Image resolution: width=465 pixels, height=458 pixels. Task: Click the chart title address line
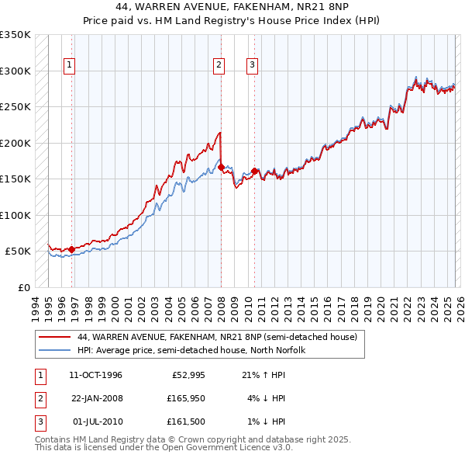(x=232, y=7)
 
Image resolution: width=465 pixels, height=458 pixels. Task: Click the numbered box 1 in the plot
(x=70, y=65)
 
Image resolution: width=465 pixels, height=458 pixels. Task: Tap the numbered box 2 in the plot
(x=219, y=65)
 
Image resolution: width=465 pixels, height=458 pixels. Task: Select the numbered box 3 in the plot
(x=253, y=65)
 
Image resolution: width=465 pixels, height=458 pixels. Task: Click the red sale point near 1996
(x=71, y=249)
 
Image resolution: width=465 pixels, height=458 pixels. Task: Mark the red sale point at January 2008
(x=221, y=167)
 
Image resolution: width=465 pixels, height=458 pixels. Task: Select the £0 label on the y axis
(x=22, y=287)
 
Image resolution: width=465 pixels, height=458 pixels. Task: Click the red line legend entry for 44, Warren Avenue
(x=217, y=337)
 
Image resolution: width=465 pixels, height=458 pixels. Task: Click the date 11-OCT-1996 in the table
(x=95, y=375)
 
